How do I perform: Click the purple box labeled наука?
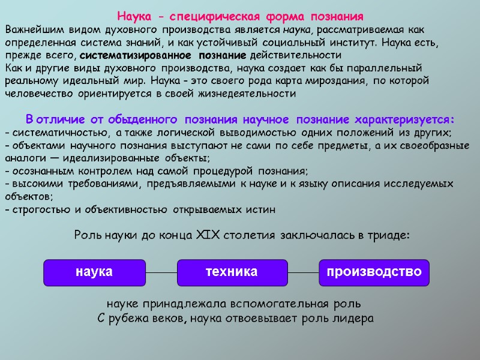pos(94,272)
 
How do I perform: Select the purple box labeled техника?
pos(231,272)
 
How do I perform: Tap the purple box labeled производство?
pos(374,272)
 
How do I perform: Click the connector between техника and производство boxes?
pos(302,272)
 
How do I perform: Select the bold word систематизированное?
pos(125,55)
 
